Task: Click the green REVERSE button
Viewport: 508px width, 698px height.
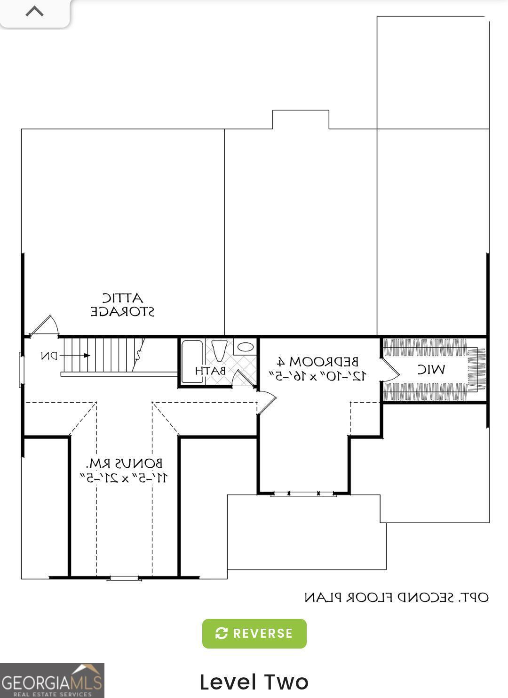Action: click(x=254, y=633)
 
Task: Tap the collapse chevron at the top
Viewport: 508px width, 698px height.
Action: click(x=34, y=11)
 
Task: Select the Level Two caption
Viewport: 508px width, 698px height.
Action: click(x=254, y=682)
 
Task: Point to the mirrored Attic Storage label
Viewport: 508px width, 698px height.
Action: click(x=122, y=305)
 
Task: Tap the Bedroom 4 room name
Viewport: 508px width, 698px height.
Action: click(x=318, y=362)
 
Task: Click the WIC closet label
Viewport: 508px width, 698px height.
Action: click(x=431, y=370)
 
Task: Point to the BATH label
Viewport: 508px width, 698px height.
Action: click(x=210, y=371)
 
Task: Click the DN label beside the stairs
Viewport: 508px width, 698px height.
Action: click(x=49, y=356)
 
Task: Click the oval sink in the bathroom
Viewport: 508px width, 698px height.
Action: click(x=245, y=347)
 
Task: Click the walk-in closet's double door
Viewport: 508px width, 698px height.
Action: click(x=389, y=370)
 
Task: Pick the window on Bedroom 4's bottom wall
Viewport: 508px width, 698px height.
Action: click(x=303, y=494)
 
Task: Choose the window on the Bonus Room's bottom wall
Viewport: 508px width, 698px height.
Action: click(x=124, y=578)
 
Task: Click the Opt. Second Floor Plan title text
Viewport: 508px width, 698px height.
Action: click(x=397, y=598)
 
